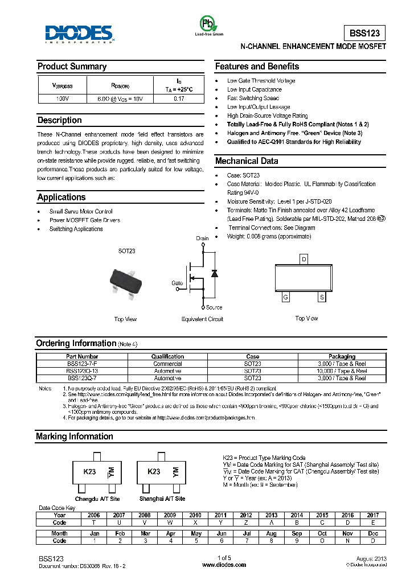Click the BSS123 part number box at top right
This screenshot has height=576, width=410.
pos(365,32)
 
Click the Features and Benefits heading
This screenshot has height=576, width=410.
pos(257,67)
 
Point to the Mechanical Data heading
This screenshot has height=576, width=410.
pos(247,161)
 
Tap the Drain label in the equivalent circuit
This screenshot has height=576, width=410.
pos(202,238)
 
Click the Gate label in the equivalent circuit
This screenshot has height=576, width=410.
pos(177,283)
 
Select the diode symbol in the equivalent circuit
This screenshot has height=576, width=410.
pos(214,273)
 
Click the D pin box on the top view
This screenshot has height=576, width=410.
pos(304,260)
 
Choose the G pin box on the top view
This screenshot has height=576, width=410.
pos(285,297)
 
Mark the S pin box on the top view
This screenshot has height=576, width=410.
pos(322,297)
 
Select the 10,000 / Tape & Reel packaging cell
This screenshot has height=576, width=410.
pos(342,371)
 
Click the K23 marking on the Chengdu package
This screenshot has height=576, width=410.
pos(89,472)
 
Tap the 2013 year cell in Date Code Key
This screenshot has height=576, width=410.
pos(272,515)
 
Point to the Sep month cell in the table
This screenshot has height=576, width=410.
pos(297,533)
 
